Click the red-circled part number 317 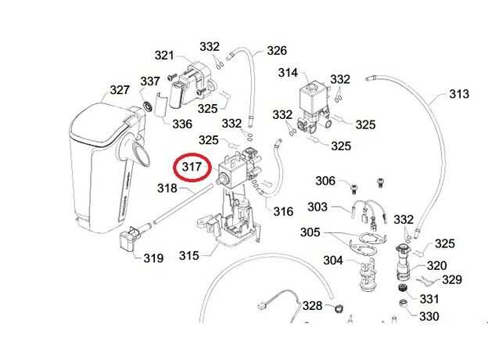[192, 167]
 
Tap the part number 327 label [120, 90]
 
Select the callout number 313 [458, 95]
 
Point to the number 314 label [288, 73]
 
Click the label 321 [163, 55]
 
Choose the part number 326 [276, 51]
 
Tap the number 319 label [153, 257]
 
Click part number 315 [188, 255]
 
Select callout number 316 [282, 211]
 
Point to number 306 [325, 182]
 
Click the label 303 [318, 207]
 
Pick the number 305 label [310, 232]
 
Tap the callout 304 [334, 261]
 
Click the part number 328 [313, 305]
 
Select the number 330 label [429, 317]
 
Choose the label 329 [452, 279]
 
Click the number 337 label [150, 81]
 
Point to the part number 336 [181, 124]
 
